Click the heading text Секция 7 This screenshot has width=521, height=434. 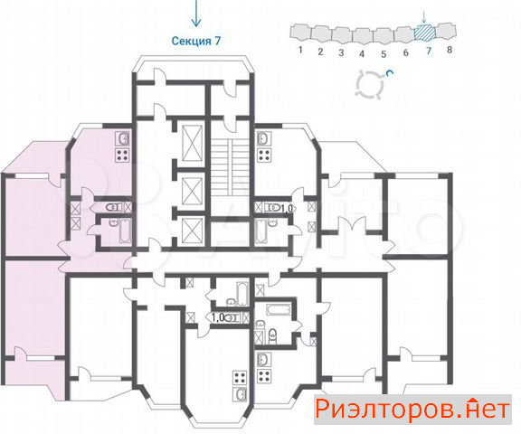(x=196, y=41)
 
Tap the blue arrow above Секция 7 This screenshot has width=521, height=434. (x=196, y=14)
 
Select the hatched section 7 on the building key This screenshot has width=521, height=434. (x=424, y=33)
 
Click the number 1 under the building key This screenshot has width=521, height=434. (x=300, y=50)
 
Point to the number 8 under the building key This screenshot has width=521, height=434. (x=450, y=50)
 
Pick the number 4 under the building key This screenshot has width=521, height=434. (x=362, y=53)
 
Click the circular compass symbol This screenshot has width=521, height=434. (x=370, y=84)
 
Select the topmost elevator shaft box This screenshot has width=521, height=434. (x=193, y=143)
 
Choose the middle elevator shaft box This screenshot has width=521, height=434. (x=193, y=191)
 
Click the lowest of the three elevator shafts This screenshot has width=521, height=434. (x=193, y=230)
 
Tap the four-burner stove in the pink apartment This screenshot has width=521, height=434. (x=122, y=156)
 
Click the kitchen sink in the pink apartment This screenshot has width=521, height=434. (x=122, y=139)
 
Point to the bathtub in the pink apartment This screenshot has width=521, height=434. (x=125, y=231)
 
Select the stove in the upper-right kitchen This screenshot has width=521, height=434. (x=264, y=156)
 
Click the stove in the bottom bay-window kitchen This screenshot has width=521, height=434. (x=240, y=378)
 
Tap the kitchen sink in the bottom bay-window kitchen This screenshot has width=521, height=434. (x=240, y=394)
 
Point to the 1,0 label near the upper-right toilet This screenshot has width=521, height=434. (x=287, y=209)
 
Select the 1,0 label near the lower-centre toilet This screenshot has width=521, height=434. (x=218, y=317)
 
